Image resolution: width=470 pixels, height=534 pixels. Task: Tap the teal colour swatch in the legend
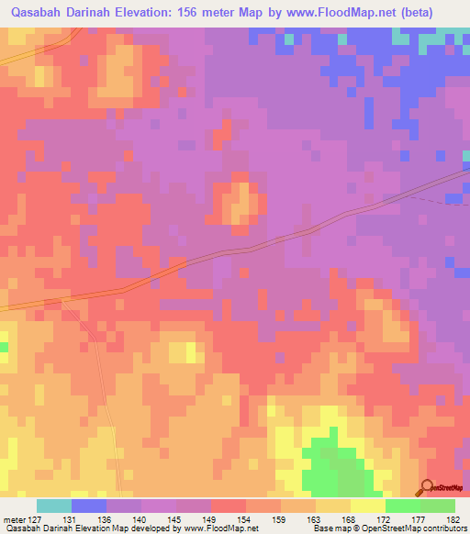54,506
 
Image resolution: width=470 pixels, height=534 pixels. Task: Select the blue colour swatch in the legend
89,506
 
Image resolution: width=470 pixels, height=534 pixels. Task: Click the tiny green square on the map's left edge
3,346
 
